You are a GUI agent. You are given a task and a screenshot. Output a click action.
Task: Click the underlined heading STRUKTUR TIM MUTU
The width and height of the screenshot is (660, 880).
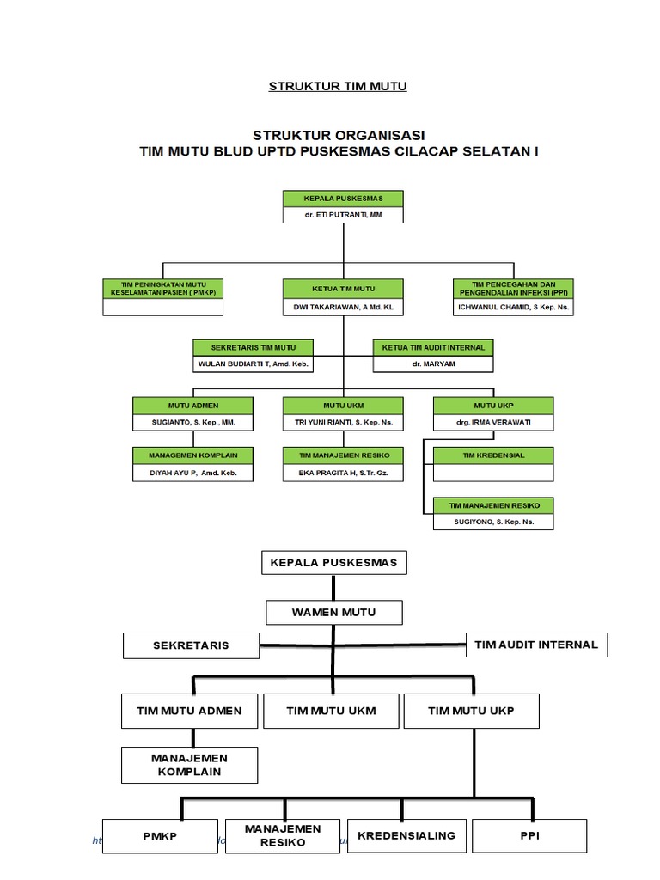[338, 86]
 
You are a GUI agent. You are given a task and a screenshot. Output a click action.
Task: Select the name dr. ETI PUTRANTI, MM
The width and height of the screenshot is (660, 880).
[343, 215]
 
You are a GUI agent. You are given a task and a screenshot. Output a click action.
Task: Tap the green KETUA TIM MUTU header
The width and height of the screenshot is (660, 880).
[343, 288]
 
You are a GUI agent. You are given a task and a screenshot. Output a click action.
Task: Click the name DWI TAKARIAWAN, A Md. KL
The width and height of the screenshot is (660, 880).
[343, 306]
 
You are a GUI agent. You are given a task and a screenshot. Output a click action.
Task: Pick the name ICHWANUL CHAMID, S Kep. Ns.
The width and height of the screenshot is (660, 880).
[515, 306]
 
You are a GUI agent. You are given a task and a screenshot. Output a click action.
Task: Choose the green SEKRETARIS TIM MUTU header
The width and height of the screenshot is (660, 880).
[254, 347]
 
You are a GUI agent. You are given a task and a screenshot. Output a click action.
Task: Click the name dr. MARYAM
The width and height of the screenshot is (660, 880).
[434, 364]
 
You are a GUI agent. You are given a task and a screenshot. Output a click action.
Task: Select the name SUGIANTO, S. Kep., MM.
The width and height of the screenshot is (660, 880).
[193, 422]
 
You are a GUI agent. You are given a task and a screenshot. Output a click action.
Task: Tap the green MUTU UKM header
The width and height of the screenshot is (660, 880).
[343, 405]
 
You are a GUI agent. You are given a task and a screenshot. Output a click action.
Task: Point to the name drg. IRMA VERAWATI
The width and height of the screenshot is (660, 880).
[493, 422]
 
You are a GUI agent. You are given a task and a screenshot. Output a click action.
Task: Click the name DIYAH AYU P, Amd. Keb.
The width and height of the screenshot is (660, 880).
[193, 473]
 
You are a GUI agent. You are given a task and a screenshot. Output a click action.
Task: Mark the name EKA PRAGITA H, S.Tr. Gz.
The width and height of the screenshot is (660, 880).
[343, 473]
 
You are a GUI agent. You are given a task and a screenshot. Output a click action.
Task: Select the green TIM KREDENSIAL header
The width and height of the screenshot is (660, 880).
[493, 455]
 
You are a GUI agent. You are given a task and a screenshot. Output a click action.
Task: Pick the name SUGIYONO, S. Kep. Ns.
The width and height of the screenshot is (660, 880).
[493, 522]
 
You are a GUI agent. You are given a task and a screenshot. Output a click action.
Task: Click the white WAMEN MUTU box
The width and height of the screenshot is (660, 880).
[333, 612]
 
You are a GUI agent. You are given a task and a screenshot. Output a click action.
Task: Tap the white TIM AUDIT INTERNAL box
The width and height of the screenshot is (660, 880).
[536, 645]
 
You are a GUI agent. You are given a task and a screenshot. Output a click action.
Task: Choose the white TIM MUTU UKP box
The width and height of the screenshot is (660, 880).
[471, 711]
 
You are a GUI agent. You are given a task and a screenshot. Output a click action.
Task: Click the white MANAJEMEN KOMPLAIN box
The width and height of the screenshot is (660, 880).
[189, 765]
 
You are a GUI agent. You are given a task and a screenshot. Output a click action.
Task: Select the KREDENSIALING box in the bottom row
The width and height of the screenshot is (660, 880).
[406, 835]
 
